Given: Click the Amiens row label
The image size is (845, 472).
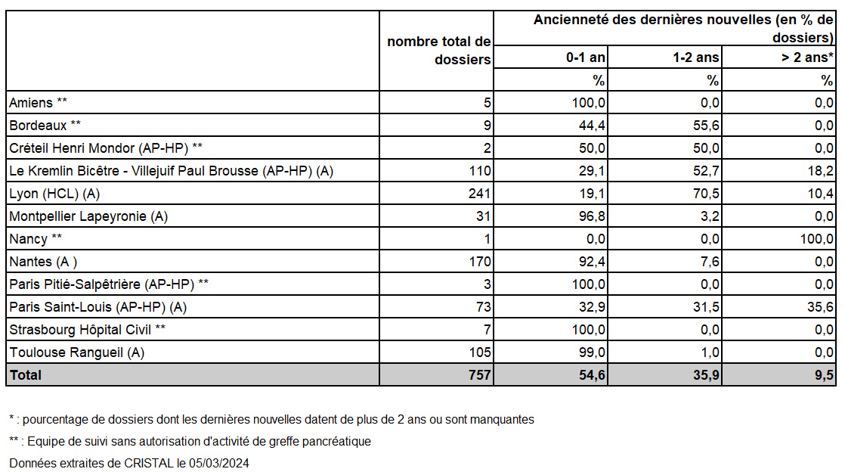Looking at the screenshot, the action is coord(38,102).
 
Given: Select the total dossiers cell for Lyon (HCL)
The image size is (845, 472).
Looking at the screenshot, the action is coord(480,193).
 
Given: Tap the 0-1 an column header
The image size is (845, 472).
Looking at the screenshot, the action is coord(585,57).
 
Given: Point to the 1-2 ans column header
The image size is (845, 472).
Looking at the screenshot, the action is coord(695,57).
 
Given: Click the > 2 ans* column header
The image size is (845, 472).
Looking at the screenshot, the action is coord(807,57).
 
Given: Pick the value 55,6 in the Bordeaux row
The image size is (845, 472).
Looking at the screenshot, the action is coord(706,125).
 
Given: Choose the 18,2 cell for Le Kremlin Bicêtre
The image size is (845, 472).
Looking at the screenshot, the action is coord(820,170).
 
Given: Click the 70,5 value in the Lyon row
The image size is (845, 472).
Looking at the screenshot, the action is coord(706,193).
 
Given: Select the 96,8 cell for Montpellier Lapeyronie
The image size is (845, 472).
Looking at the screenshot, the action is coord(592,216).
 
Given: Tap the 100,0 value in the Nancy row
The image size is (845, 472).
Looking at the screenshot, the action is coord(817,238).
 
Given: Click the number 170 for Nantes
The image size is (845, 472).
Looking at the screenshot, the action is coord(480,261).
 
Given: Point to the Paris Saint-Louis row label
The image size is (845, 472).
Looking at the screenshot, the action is coord(97,307).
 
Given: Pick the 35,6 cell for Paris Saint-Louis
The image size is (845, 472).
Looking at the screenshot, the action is coord(820,306).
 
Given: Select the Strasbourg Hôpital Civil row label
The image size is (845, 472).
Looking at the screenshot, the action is coord(88,330).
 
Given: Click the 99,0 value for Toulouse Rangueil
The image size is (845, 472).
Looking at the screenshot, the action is coord(592,352).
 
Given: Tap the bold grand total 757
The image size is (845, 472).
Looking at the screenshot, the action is coord(480,374).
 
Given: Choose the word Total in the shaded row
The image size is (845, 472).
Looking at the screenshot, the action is coord(26,374).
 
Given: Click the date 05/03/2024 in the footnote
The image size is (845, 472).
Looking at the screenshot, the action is coord(218,463).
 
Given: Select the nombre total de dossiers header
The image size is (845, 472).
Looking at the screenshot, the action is coord(438,50).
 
